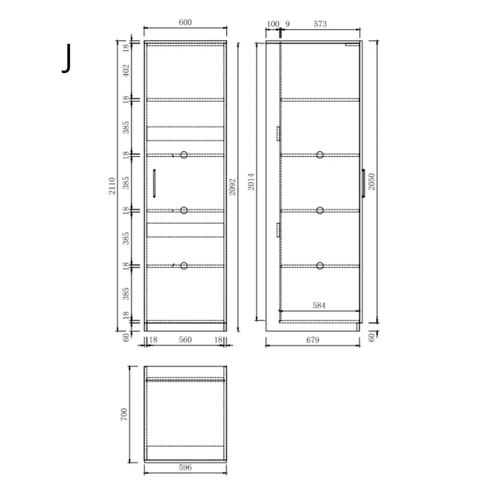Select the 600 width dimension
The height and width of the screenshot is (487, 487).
pos(185,22)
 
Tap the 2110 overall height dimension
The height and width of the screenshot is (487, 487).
pos(112,185)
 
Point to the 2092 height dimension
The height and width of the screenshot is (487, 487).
pos(232,187)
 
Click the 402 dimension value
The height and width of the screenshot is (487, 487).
pos(126,71)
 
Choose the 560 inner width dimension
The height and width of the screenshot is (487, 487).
pos(185,340)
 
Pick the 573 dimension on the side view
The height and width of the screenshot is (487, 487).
pos(320,24)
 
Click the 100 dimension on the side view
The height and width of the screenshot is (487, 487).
pos(273,24)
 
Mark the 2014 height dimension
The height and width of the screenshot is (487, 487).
pos(252,181)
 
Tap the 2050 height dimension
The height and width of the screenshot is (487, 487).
pos(371,181)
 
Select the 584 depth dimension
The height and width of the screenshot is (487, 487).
pos(319,305)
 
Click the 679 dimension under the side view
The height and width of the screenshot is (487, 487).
pos(312,340)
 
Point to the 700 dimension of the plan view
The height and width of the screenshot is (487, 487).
pos(124,414)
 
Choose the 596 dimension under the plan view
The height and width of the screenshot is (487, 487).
pos(185,468)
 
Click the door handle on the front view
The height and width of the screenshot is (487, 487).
pos(154,183)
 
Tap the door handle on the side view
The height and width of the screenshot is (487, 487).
pos(363,183)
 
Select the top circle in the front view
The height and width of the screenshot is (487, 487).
pos(184,155)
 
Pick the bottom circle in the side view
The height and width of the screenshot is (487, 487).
pos(320,266)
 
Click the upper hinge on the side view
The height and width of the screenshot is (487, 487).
pos(278,134)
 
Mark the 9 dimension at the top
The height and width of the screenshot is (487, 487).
pos(287,24)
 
